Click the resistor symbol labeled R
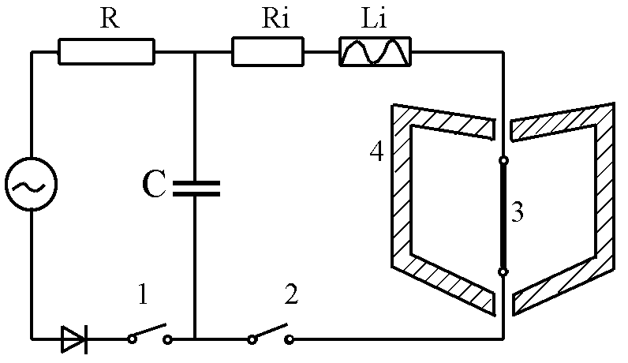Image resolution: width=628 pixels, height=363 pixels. [107, 52]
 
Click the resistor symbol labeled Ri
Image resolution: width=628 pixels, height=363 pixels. [267, 52]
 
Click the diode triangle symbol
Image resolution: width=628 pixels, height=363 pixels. [74, 340]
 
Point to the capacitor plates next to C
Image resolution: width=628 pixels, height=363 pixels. [194, 187]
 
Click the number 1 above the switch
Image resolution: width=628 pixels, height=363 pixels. [143, 298]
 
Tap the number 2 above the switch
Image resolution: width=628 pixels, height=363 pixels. [290, 298]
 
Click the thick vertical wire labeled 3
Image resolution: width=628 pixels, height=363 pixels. [503, 215]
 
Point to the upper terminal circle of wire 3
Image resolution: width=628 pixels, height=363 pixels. [503, 160]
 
